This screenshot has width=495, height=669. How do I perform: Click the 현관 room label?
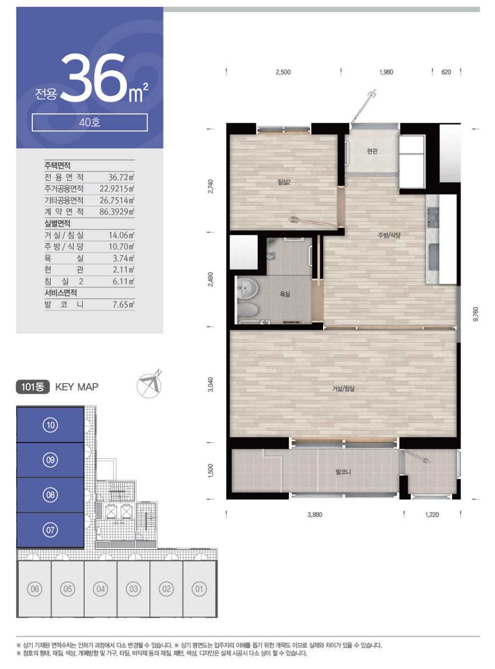pyautogui.click(x=372, y=151)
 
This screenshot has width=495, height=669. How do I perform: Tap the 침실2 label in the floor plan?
pyautogui.click(x=284, y=182)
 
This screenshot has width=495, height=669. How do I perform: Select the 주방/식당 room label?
pyautogui.click(x=389, y=235)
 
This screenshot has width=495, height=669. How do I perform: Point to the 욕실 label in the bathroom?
pyautogui.click(x=284, y=294)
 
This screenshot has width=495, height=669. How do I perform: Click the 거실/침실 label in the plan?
pyautogui.click(x=343, y=389)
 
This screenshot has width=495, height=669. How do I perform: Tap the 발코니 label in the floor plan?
pyautogui.click(x=343, y=472)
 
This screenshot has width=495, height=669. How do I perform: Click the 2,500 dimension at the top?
pyautogui.click(x=283, y=72)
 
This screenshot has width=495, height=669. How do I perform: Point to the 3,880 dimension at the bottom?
pyautogui.click(x=315, y=515)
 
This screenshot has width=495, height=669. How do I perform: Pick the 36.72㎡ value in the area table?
pyautogui.click(x=121, y=177)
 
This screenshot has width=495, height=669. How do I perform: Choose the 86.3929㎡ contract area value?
pyautogui.click(x=117, y=212)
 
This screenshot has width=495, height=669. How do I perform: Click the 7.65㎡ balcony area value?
pyautogui.click(x=124, y=305)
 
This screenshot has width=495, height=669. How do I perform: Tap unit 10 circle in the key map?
pyautogui.click(x=51, y=425)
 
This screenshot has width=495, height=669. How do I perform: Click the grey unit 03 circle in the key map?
pyautogui.click(x=133, y=589)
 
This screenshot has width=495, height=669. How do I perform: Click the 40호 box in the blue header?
pyautogui.click(x=90, y=123)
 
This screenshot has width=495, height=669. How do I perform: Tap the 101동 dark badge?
pyautogui.click(x=33, y=387)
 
